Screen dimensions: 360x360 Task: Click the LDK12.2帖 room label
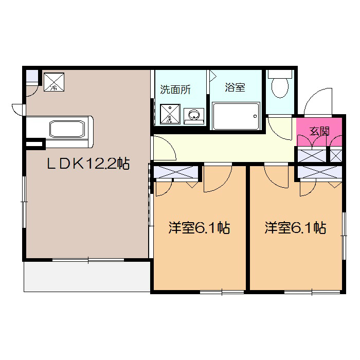[x=88, y=164]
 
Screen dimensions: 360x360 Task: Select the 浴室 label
[x=235, y=87]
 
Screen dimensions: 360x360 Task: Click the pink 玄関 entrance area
[x=319, y=131]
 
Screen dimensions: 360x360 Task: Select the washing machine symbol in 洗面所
[x=170, y=115]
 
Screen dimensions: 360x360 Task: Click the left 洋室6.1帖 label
[x=199, y=228]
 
